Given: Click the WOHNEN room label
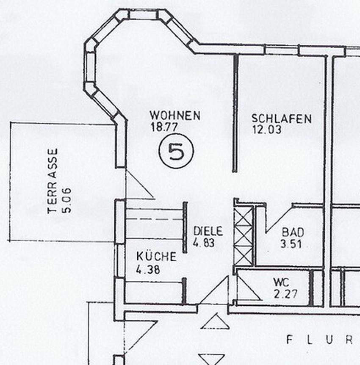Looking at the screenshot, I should [175, 115].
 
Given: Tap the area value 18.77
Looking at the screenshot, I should [163, 126].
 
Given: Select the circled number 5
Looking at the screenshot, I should [176, 152].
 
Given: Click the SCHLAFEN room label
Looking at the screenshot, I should [281, 119].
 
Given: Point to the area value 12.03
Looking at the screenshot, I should [266, 130].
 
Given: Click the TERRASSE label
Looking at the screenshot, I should [53, 181].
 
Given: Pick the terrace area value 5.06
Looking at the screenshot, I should [66, 200].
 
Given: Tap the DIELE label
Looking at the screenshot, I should [208, 231].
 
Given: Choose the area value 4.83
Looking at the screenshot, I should [204, 243].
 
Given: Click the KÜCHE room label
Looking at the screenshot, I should [156, 256].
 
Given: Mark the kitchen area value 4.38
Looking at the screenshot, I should [148, 269].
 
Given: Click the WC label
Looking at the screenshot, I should [281, 282].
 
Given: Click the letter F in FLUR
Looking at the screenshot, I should [290, 339].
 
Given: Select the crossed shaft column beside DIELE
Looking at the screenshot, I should [244, 235].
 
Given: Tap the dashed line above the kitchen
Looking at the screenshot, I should [155, 219].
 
